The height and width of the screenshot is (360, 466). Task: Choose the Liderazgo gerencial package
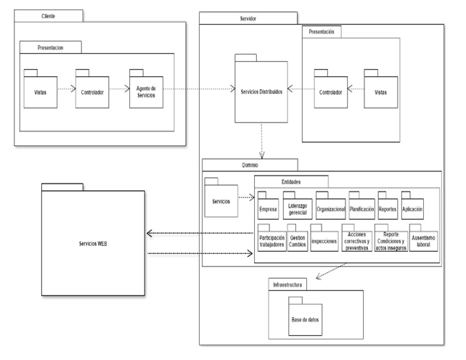point(299,209)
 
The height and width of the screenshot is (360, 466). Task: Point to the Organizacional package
point(330,209)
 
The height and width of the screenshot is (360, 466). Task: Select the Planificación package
point(361,209)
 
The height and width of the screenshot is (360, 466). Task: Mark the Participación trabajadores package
point(271,242)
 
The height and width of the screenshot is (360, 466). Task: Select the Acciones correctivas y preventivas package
point(356,242)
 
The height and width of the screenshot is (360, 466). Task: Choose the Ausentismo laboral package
point(424,242)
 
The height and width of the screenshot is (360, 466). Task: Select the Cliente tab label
point(49,15)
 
